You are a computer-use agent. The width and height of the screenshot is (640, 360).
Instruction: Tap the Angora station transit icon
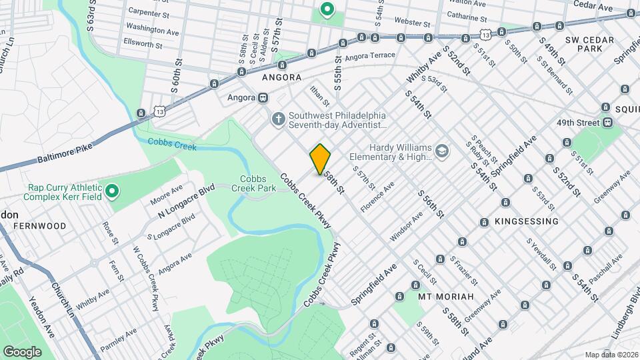tap(263, 97)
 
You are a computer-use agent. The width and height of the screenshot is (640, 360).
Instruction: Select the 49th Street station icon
tap(607, 123)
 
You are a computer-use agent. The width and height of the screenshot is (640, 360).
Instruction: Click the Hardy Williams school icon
tap(441, 152)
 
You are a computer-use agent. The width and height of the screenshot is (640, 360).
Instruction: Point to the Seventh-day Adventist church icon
tap(278, 119)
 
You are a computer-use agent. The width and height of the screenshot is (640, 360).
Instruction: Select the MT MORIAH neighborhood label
tap(445, 296)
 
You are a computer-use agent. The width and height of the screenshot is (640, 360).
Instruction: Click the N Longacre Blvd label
tap(185, 200)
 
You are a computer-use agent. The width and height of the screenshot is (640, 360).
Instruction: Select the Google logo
tap(22, 351)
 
